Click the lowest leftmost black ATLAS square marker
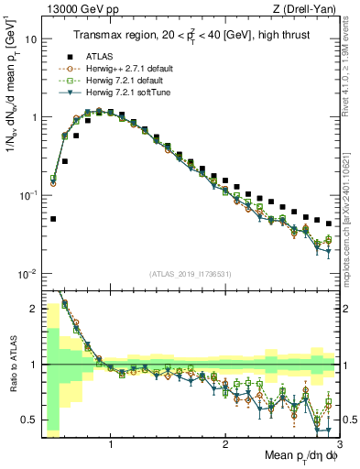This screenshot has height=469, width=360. pyautogui.click(x=53, y=219)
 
